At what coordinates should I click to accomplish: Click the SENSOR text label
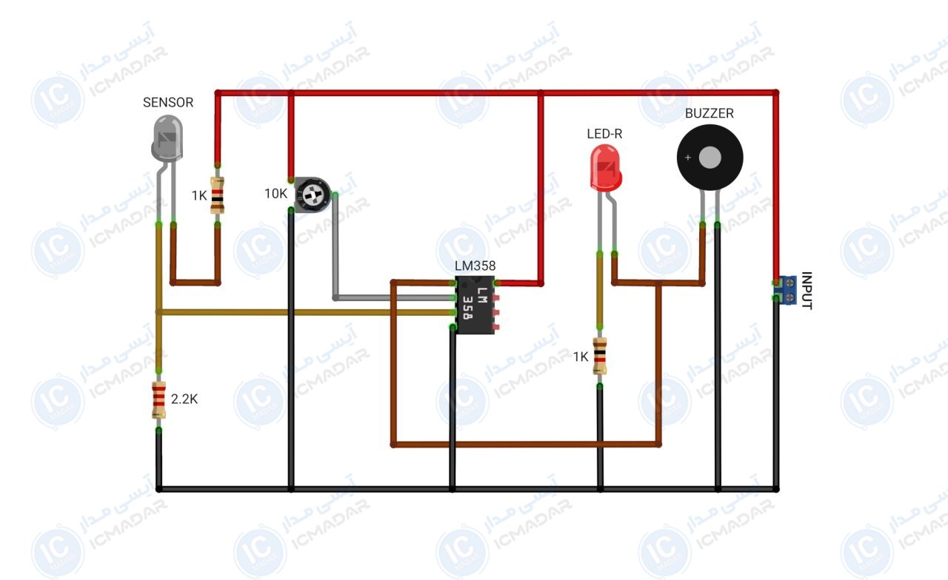[x=168, y=102]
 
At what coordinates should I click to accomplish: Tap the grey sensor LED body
[x=167, y=138]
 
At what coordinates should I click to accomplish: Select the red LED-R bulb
[x=606, y=168]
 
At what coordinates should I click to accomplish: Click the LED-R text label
[x=604, y=134]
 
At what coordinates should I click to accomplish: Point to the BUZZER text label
[x=710, y=113]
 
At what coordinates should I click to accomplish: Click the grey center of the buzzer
[x=710, y=158]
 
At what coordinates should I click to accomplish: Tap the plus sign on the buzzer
[x=688, y=158]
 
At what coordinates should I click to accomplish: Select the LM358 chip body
[x=475, y=305]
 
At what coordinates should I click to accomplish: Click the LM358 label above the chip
[x=475, y=266]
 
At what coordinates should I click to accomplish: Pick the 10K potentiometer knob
[x=313, y=195]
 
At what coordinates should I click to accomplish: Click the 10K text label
[x=276, y=194]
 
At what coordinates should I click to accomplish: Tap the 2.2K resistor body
[x=158, y=400]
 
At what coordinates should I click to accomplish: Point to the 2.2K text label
[x=184, y=399]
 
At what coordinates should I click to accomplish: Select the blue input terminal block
[x=787, y=290]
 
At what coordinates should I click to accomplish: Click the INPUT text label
[x=807, y=291]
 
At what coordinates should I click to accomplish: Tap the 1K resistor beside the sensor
[x=218, y=195]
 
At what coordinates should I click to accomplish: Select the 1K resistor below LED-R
[x=600, y=356]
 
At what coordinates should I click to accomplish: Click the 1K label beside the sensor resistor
[x=199, y=196]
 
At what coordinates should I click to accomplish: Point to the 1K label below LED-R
[x=581, y=357]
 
